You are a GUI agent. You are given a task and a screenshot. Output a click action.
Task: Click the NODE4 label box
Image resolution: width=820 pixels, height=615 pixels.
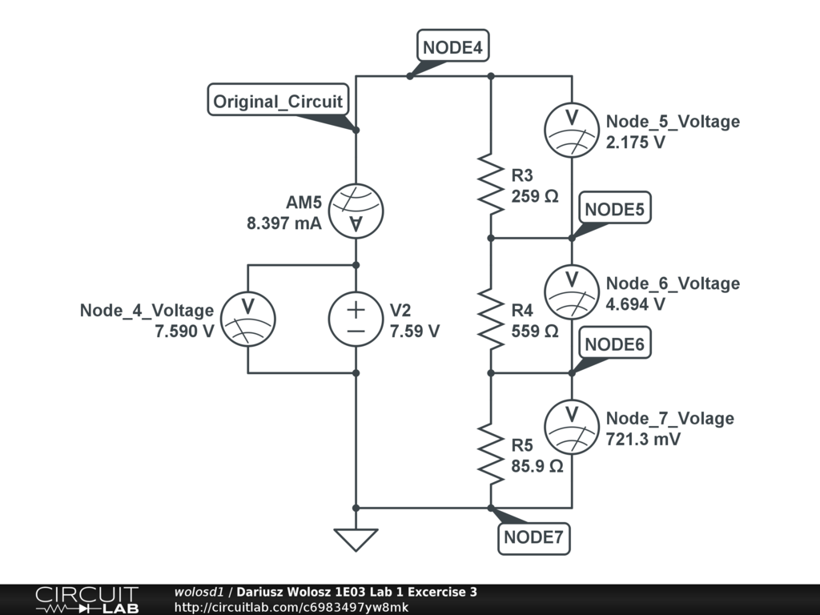(x=453, y=46)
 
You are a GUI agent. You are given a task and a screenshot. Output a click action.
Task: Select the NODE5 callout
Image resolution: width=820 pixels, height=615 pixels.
(x=614, y=208)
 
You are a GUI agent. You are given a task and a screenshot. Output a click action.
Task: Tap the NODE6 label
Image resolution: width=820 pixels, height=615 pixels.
(x=614, y=343)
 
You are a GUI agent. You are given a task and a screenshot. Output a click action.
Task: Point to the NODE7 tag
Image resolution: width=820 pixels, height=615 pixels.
(x=533, y=537)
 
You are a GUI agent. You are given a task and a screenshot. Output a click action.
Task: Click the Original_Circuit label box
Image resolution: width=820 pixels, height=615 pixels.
(x=278, y=100)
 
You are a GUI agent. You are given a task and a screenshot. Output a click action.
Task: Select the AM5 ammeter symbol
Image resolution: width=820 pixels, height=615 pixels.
(x=356, y=211)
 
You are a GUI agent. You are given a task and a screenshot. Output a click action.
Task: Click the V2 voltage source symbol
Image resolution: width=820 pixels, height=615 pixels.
(x=356, y=319)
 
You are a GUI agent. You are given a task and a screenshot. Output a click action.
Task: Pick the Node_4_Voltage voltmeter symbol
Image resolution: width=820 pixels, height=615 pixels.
(x=248, y=319)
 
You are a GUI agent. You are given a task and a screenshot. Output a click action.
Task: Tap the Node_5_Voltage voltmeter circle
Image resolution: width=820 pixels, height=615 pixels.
(x=572, y=131)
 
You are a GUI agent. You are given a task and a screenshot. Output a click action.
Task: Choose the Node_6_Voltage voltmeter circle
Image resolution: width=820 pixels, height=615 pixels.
(x=572, y=291)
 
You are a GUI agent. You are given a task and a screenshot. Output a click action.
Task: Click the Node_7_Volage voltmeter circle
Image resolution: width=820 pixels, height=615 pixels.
(x=572, y=427)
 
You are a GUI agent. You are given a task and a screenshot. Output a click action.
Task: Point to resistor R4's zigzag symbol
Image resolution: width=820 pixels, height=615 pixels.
(x=491, y=319)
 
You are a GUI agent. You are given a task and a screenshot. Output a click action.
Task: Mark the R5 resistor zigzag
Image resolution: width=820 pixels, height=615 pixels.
(x=491, y=454)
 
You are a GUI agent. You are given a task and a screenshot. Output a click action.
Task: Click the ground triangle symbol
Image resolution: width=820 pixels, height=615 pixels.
(x=356, y=540)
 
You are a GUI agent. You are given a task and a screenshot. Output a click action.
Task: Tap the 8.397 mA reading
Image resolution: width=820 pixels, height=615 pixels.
(x=284, y=223)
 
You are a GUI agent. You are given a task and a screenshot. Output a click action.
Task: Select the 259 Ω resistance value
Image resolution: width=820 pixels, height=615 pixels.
(x=535, y=196)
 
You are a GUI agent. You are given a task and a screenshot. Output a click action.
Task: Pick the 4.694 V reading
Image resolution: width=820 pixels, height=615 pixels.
(x=635, y=304)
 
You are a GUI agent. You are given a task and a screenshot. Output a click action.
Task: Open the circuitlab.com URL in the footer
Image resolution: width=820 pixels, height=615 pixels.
(x=291, y=607)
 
